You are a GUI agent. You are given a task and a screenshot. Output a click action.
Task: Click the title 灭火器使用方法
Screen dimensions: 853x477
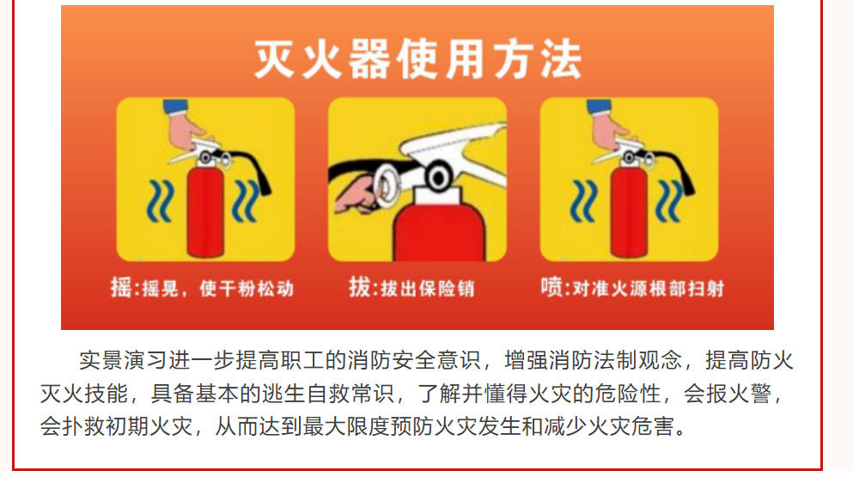click(417, 58)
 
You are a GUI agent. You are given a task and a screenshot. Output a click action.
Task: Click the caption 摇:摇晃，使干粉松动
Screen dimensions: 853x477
click(202, 288)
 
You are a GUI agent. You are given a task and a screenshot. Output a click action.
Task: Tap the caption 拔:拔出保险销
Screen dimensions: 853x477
click(411, 288)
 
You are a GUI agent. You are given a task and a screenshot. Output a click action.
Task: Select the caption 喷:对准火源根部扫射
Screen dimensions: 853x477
click(632, 288)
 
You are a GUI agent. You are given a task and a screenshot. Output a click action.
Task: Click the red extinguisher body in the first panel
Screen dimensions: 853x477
click(205, 211)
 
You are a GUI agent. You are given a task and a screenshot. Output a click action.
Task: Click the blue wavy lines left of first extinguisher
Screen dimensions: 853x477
click(161, 201)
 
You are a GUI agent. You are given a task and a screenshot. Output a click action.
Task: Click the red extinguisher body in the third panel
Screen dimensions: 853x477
click(628, 211)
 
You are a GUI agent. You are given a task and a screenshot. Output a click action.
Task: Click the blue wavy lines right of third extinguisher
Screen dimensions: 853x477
click(669, 201)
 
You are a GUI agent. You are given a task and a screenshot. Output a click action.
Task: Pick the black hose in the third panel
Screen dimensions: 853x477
click(679, 168)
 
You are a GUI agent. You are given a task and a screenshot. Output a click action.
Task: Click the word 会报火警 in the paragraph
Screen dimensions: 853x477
click(728, 393)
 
